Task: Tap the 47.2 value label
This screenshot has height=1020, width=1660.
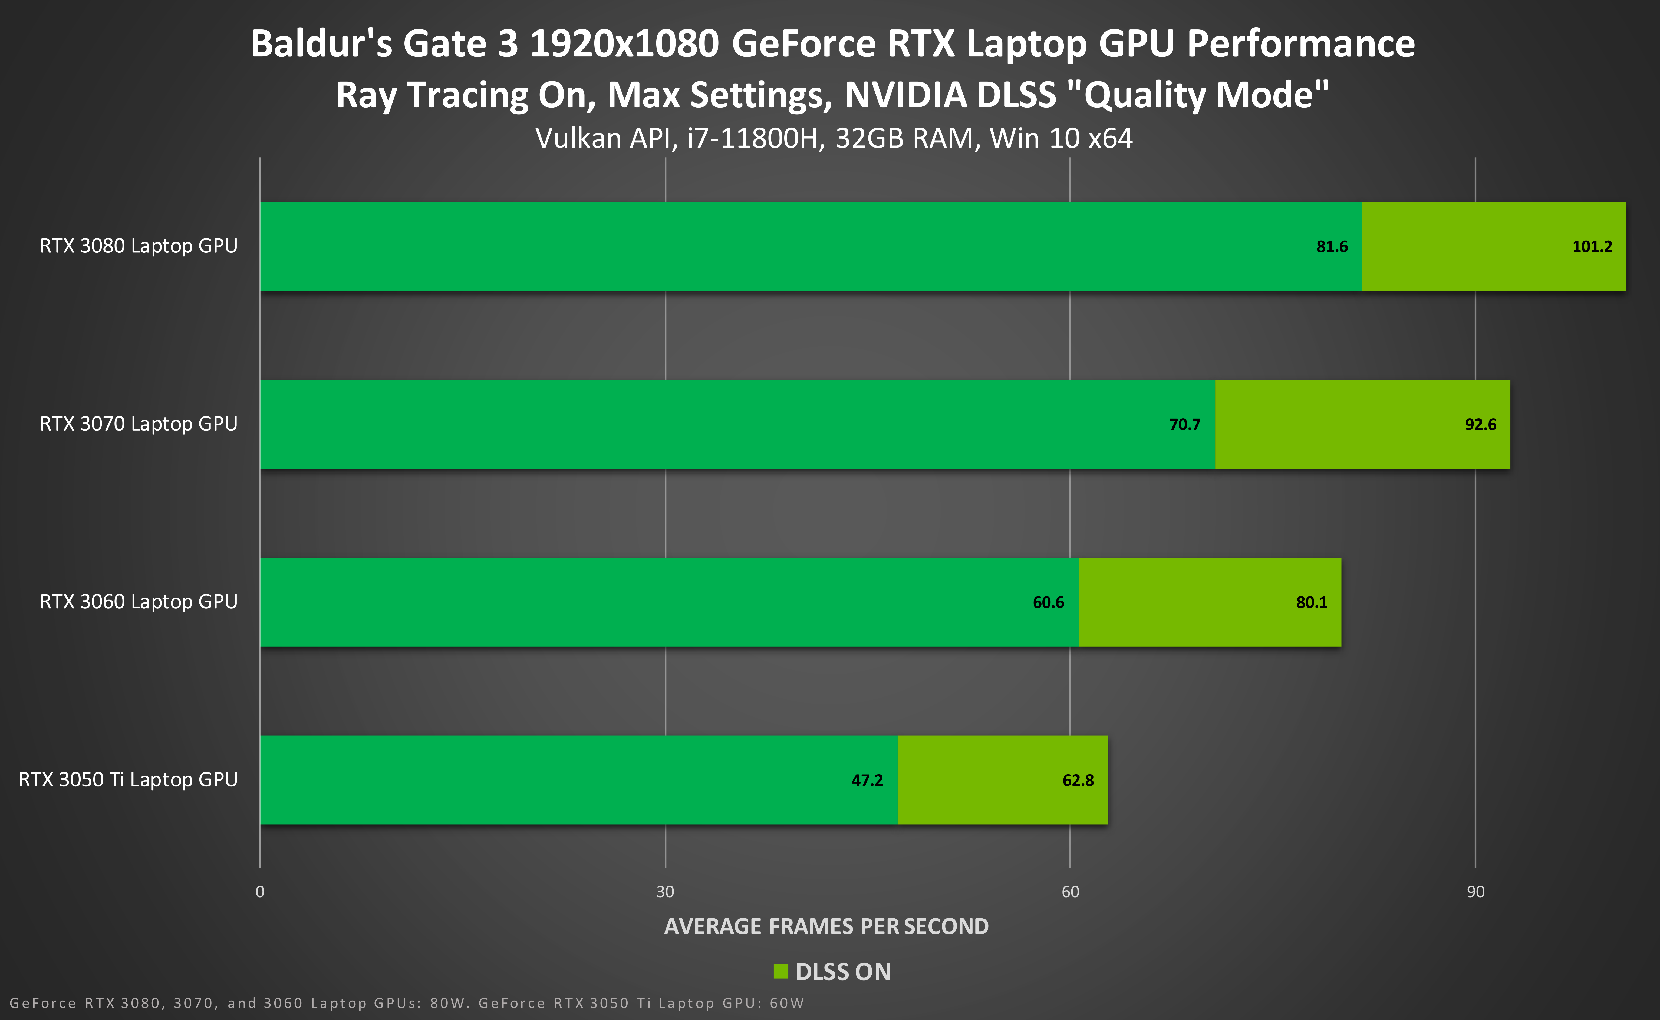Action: [x=867, y=781]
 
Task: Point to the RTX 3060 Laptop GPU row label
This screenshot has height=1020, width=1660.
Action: [x=139, y=602]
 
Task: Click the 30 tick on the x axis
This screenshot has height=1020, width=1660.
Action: [x=665, y=892]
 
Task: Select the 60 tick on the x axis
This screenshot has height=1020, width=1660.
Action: [x=1070, y=892]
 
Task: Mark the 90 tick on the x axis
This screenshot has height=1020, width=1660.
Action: [x=1475, y=892]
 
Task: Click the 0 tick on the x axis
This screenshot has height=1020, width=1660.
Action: [x=260, y=892]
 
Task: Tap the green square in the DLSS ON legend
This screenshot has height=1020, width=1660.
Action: [x=780, y=971]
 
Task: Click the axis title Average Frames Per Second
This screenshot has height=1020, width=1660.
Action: [x=826, y=926]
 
